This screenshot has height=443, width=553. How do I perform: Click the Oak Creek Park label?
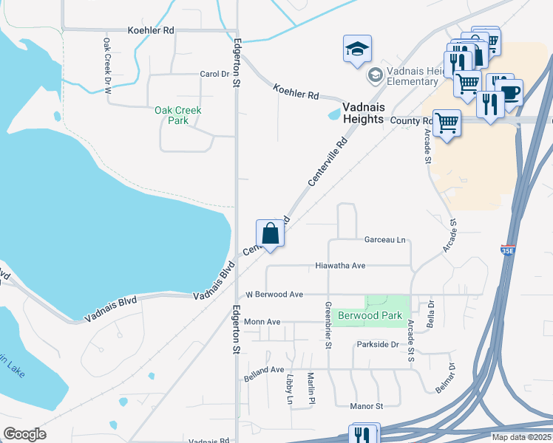point(177,115)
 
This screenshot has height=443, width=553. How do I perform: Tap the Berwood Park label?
point(370,315)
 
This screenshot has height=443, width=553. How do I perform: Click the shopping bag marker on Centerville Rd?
point(271,233)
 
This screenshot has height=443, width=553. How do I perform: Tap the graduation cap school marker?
point(358,49)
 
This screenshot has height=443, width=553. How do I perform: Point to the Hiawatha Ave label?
point(340,265)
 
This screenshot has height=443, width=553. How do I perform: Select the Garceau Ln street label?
point(385,240)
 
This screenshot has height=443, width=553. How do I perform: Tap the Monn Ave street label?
point(262,322)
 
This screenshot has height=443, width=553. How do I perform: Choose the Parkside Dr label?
point(377,345)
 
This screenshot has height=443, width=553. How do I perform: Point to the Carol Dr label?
point(214,74)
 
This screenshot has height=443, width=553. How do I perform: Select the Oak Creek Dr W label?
point(107,65)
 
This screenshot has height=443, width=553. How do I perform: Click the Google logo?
point(24,434)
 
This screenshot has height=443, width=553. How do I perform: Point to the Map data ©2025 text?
point(520,437)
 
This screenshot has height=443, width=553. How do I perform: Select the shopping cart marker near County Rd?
point(447,123)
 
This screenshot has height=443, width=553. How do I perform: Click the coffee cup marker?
point(509,92)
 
